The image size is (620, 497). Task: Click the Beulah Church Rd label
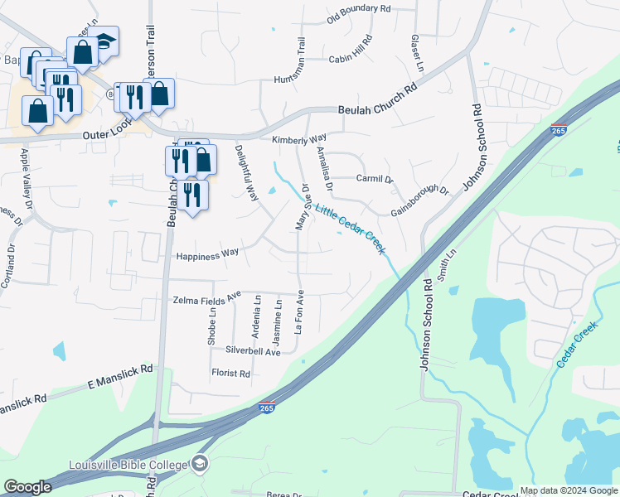click(x=378, y=103)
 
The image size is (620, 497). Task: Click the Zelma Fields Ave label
click(x=206, y=299)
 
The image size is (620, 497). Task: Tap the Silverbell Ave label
click(x=248, y=352)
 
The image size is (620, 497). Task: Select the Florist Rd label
click(x=230, y=374)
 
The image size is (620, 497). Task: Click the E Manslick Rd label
click(x=121, y=378)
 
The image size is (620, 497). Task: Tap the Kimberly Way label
click(x=300, y=138)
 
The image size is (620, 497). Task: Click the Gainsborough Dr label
click(x=419, y=201)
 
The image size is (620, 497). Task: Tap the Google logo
click(x=27, y=487)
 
